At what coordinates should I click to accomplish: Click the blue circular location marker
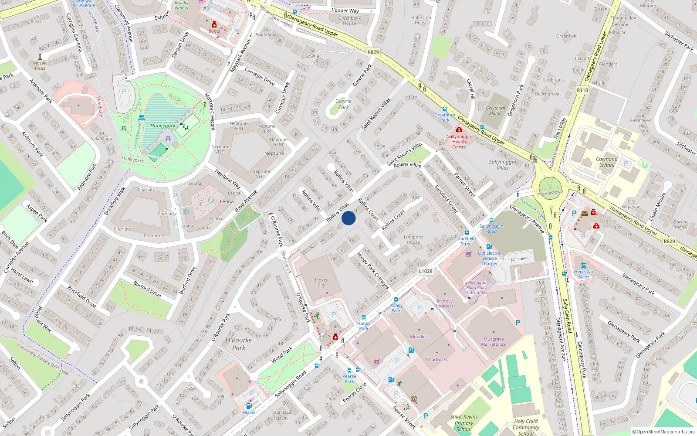tap(348, 218)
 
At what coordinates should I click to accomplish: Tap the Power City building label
tap(321, 283)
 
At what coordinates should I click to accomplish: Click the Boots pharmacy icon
tap(214, 25)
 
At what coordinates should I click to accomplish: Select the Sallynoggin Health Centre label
tap(459, 141)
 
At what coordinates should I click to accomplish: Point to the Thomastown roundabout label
tap(550, 193)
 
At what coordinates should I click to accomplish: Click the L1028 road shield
tap(426, 271)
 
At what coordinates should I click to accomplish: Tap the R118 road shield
tap(582, 90)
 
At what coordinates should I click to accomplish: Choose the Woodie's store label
tap(419, 337)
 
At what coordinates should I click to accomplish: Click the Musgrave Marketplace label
tap(494, 342)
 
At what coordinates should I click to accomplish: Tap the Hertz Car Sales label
tap(583, 274)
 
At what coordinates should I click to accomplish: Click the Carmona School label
tap(606, 162)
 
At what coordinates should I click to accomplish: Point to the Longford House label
tap(413, 239)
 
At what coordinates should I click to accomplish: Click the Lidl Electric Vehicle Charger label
tap(489, 258)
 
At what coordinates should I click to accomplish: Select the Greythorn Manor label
tap(495, 111)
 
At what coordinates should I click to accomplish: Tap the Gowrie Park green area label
tap(343, 104)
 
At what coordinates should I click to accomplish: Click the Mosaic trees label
tap(40, 65)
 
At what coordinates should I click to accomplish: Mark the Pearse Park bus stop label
tap(349, 379)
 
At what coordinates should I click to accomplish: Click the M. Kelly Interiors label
tap(445, 303)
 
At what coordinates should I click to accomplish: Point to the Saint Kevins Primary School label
tap(464, 423)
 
